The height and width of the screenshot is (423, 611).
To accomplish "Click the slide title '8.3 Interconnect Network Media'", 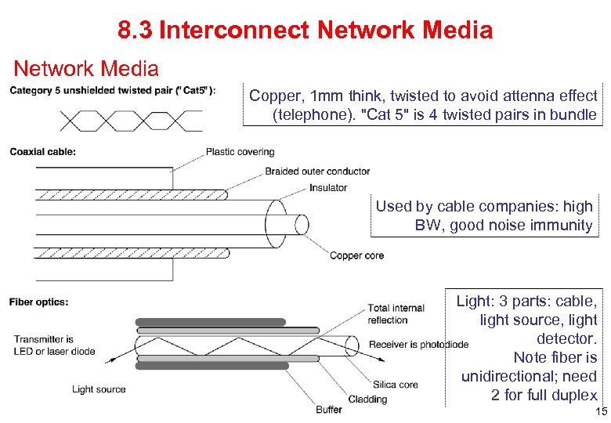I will [x=305, y=31].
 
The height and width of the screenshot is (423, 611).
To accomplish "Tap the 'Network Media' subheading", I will [x=86, y=69].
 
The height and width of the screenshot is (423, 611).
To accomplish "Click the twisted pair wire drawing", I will [x=130, y=120].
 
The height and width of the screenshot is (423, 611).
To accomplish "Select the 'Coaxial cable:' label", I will [x=43, y=152].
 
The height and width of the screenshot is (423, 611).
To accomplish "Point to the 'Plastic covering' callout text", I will [x=240, y=152].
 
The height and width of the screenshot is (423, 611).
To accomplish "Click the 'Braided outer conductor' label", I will [x=317, y=172].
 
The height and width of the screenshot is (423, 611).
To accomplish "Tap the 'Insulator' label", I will [x=328, y=188].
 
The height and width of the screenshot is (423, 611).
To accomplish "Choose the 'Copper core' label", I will [x=356, y=255].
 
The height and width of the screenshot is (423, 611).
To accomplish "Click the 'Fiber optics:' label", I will [x=39, y=302].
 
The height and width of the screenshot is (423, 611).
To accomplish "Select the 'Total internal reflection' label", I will [x=396, y=313].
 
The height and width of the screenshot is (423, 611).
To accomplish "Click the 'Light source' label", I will [x=99, y=389].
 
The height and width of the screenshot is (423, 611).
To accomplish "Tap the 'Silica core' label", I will [x=396, y=385].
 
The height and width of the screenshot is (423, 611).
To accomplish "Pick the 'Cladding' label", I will [x=367, y=399].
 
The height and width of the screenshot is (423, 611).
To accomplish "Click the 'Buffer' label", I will [x=329, y=410].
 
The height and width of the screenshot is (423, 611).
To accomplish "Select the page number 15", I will [x=601, y=412].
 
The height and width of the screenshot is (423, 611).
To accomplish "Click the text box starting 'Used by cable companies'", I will [x=483, y=216].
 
